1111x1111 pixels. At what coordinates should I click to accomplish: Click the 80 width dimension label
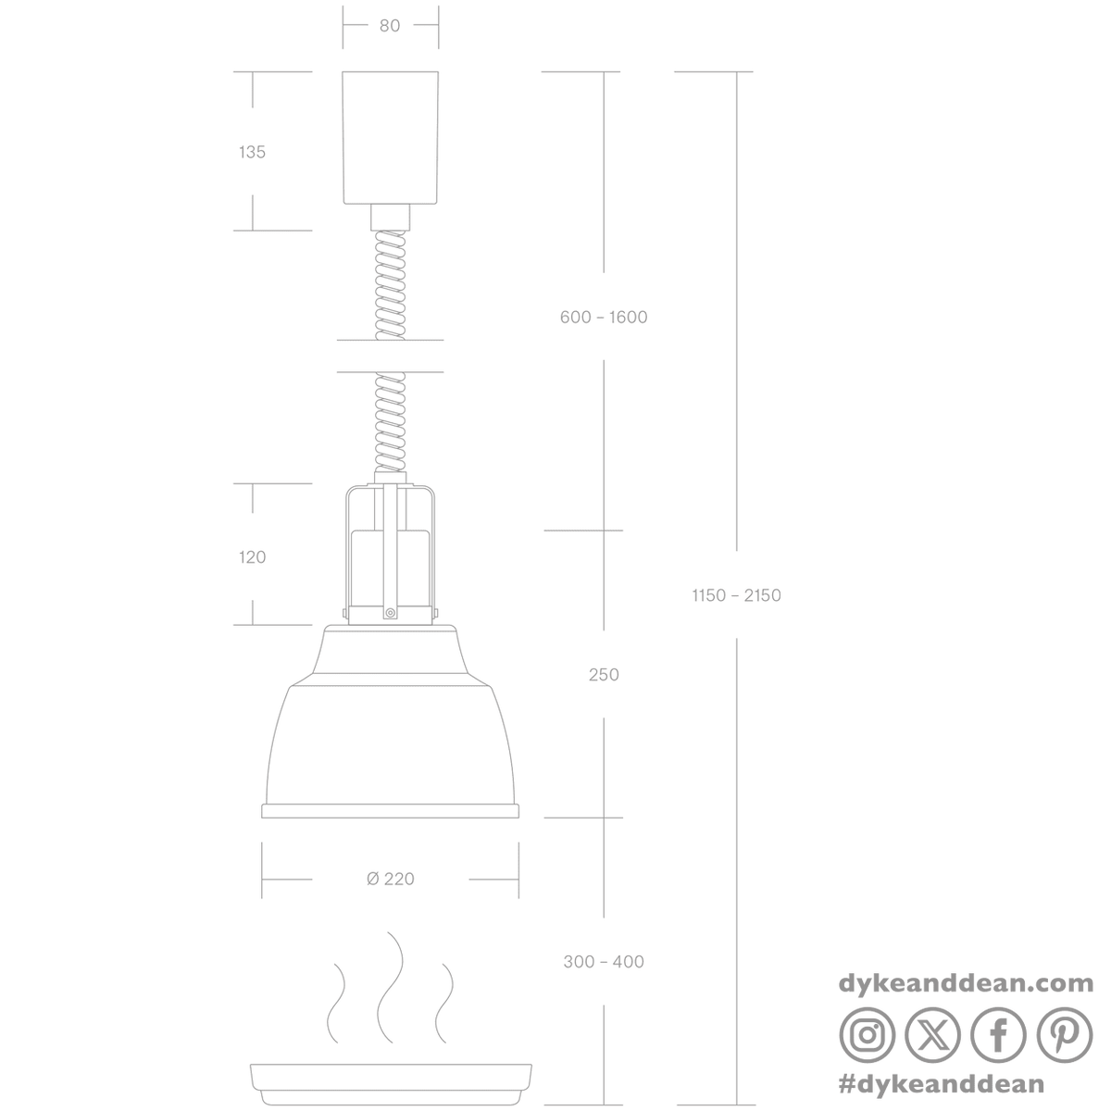(390, 26)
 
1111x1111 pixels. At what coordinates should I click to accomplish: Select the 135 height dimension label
(252, 152)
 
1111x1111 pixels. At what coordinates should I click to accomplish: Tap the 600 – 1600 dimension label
(604, 318)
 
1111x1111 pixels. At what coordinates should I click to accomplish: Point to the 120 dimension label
(252, 557)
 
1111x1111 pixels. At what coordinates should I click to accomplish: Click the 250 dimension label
(604, 675)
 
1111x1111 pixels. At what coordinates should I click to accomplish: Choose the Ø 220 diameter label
(391, 880)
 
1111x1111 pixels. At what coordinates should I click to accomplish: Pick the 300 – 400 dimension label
(604, 962)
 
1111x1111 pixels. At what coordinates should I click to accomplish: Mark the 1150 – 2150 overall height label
(736, 595)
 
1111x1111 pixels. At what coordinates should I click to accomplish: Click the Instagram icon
(868, 1035)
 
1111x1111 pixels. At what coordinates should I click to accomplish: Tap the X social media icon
(932, 1035)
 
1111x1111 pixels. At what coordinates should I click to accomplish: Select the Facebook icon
(998, 1035)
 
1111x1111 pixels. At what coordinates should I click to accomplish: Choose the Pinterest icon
(1065, 1035)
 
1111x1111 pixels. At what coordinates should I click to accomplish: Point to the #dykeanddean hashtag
(942, 1084)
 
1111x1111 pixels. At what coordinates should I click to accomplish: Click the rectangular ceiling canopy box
(391, 138)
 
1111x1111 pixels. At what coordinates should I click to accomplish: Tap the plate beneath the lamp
(391, 1084)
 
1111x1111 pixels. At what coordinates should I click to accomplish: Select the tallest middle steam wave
(391, 995)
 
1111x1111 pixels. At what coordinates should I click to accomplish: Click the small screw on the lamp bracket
(391, 613)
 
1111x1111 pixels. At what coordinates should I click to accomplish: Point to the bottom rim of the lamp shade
(391, 811)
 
